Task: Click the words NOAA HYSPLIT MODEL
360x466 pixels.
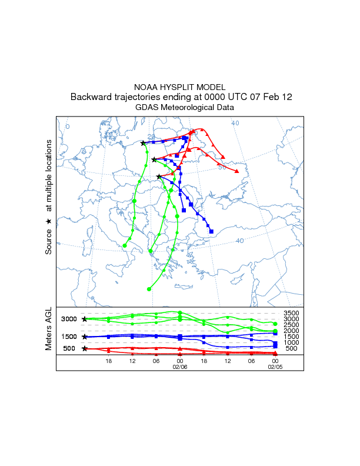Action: point(180,87)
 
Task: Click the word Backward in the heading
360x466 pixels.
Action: point(89,97)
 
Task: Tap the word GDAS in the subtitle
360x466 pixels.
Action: point(148,108)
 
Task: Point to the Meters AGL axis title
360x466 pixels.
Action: point(49,330)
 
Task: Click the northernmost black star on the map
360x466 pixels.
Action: point(144,142)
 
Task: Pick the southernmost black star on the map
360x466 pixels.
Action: point(159,177)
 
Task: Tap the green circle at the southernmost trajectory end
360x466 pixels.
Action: point(149,289)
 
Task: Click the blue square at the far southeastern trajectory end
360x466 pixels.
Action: point(211,231)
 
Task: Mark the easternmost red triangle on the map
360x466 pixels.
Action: point(236,171)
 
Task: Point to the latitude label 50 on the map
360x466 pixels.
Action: point(222,168)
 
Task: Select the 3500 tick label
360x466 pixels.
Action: point(292,313)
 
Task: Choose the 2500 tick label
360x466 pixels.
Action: point(292,325)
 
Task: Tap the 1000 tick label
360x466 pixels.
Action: point(292,342)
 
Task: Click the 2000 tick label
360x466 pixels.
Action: point(292,331)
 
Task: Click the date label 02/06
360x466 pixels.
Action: point(179,366)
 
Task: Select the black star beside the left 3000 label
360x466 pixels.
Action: point(85,319)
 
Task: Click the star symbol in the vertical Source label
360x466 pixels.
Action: point(49,221)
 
